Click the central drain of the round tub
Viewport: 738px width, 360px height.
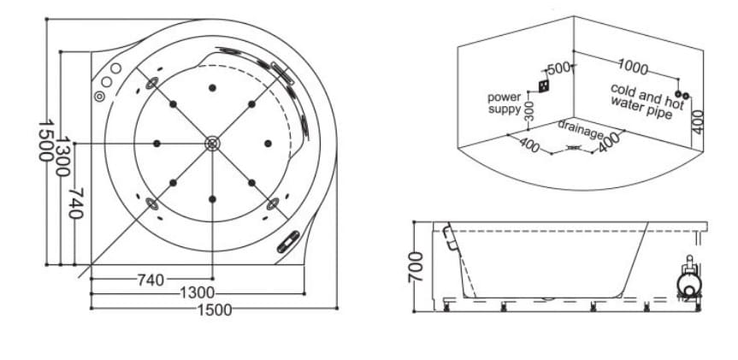(x=212, y=144)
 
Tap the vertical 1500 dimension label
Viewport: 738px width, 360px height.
(x=45, y=141)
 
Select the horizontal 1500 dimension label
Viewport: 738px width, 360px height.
(x=215, y=310)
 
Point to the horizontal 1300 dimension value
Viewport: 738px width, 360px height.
(x=198, y=293)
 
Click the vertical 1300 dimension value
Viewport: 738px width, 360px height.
(x=62, y=156)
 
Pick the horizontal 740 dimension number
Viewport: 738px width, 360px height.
(x=151, y=280)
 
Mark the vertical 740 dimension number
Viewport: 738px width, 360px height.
(x=76, y=204)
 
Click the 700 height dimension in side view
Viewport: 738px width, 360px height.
(x=415, y=267)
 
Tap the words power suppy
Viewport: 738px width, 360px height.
(x=505, y=103)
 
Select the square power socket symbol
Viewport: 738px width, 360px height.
(x=544, y=86)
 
